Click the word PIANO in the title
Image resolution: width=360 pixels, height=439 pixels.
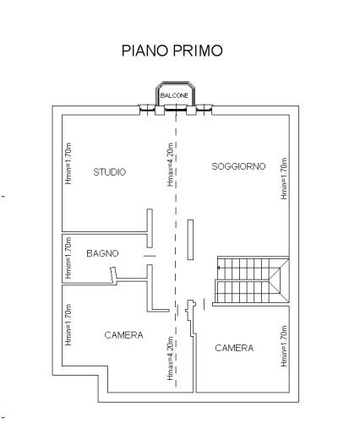pos(145,51)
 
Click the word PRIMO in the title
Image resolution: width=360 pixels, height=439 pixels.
pos(198,51)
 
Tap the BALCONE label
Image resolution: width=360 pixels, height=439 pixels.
pos(174,95)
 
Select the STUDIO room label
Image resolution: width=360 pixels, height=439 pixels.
pos(110,172)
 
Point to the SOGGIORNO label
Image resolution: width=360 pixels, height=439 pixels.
pos(238,166)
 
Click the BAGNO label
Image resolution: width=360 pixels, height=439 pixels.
pos(102,253)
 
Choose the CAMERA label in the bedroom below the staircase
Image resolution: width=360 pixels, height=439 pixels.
pos(234,348)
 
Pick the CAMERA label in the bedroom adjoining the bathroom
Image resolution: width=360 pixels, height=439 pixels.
pos(123,335)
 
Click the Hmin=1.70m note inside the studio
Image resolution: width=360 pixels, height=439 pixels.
pos(68,164)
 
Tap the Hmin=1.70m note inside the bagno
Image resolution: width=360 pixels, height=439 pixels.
pos(68,257)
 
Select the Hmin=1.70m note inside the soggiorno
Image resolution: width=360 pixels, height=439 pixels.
pos(284,179)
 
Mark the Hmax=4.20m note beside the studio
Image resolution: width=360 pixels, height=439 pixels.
pos(171,165)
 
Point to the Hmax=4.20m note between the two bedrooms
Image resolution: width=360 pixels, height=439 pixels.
pos(170,358)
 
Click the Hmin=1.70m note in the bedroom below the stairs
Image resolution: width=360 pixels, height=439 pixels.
pos(284,346)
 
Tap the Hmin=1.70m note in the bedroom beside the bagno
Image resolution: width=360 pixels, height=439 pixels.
pos(68,324)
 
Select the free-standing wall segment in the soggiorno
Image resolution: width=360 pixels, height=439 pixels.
pos(191,240)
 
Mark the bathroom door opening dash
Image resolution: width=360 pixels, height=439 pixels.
pos(150,256)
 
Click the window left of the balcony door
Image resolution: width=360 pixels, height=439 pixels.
pos(147,109)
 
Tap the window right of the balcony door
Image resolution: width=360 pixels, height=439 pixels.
pos(204,109)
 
